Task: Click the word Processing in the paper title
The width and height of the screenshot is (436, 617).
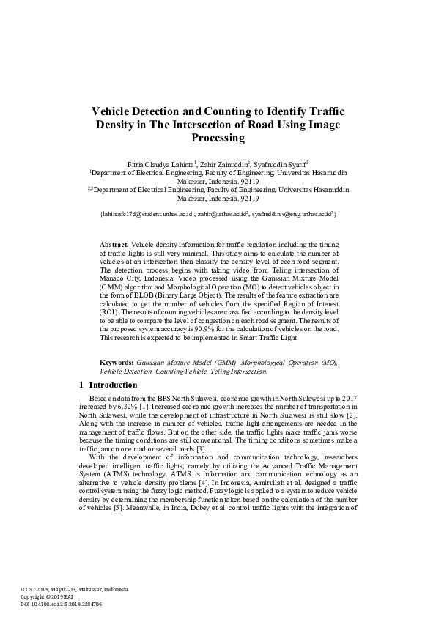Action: tap(218, 137)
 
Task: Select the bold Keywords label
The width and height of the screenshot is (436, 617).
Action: tap(117, 363)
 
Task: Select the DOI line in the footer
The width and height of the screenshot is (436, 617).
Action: tap(61, 604)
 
